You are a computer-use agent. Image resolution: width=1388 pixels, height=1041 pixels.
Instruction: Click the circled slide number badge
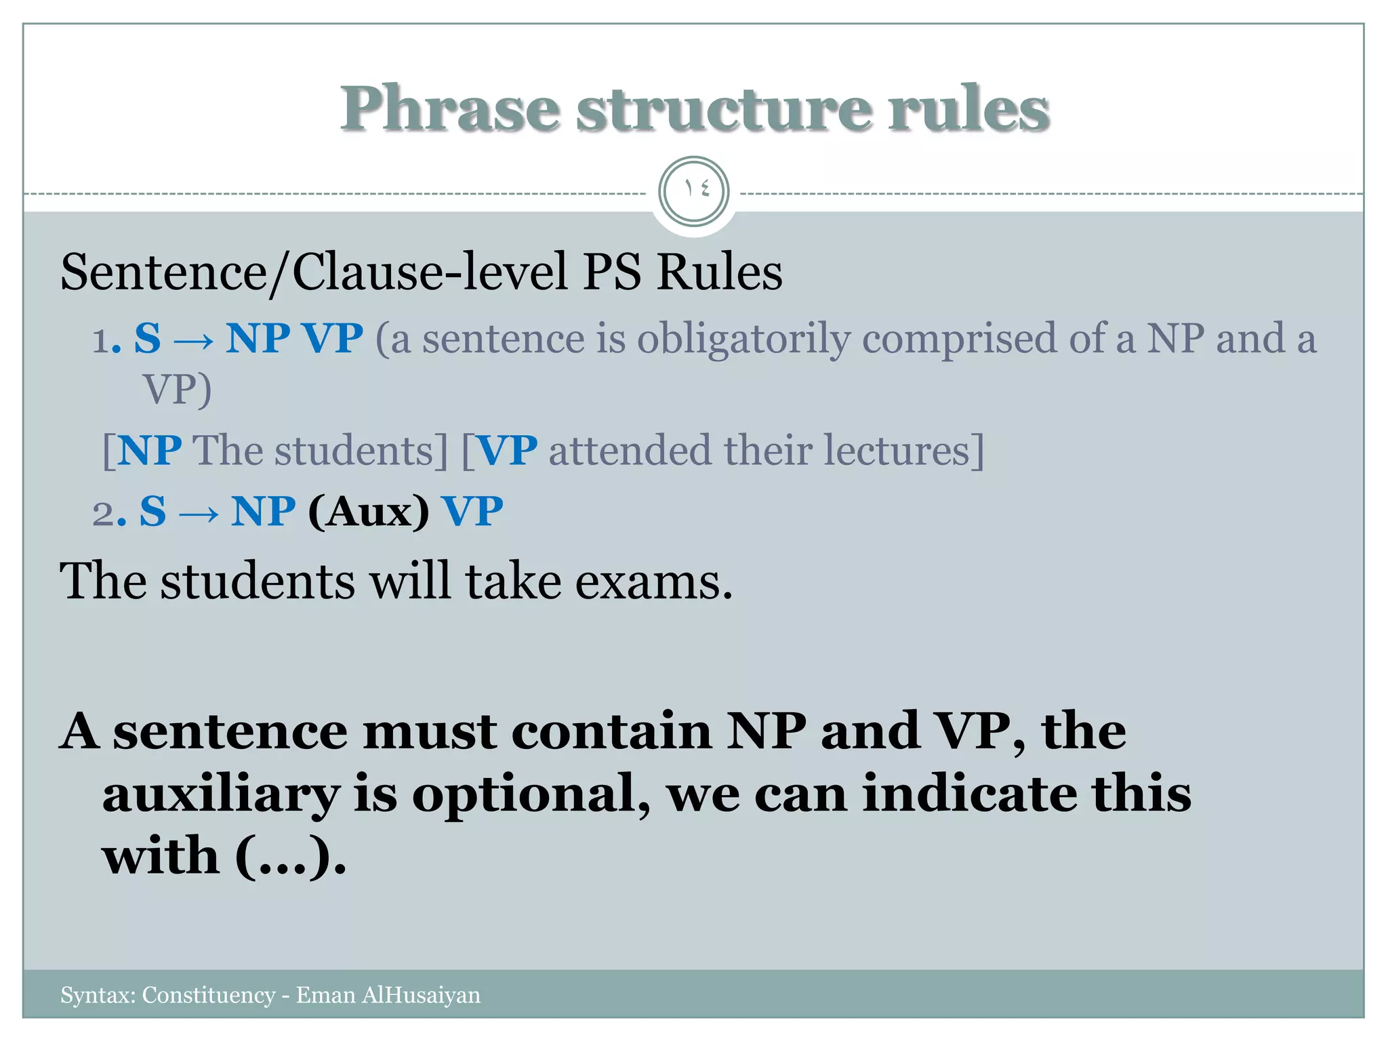(693, 191)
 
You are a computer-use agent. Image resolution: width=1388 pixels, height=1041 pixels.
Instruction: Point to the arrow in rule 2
(199, 513)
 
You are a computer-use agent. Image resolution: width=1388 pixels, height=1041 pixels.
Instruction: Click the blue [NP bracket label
(142, 450)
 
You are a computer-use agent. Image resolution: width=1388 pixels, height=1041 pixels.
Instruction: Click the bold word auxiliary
(221, 794)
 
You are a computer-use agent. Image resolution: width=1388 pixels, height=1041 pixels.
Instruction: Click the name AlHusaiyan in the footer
(421, 995)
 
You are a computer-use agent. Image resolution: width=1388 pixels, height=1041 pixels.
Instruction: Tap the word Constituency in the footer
(208, 995)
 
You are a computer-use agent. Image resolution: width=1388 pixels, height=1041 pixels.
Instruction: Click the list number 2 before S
(104, 513)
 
